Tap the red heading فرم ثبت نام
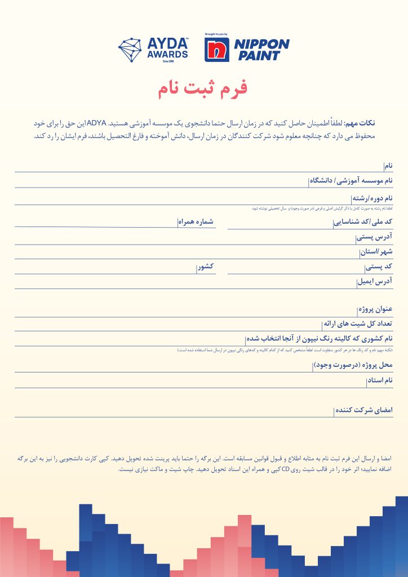[x=201, y=88]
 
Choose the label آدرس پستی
[x=375, y=237]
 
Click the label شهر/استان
[x=376, y=252]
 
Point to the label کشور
[x=205, y=267]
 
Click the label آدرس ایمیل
[x=375, y=281]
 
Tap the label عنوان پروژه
[x=375, y=310]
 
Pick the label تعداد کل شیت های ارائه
[x=357, y=325]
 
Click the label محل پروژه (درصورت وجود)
[x=352, y=366]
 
